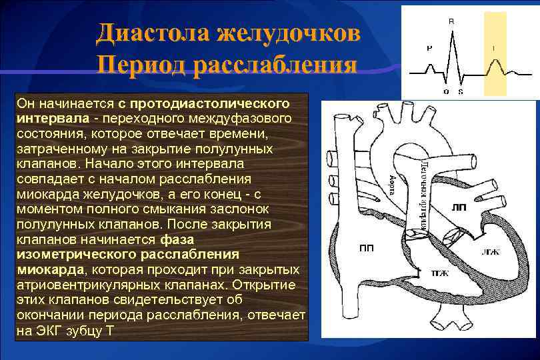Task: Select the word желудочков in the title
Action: point(293,33)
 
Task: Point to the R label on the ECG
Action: point(451,21)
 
